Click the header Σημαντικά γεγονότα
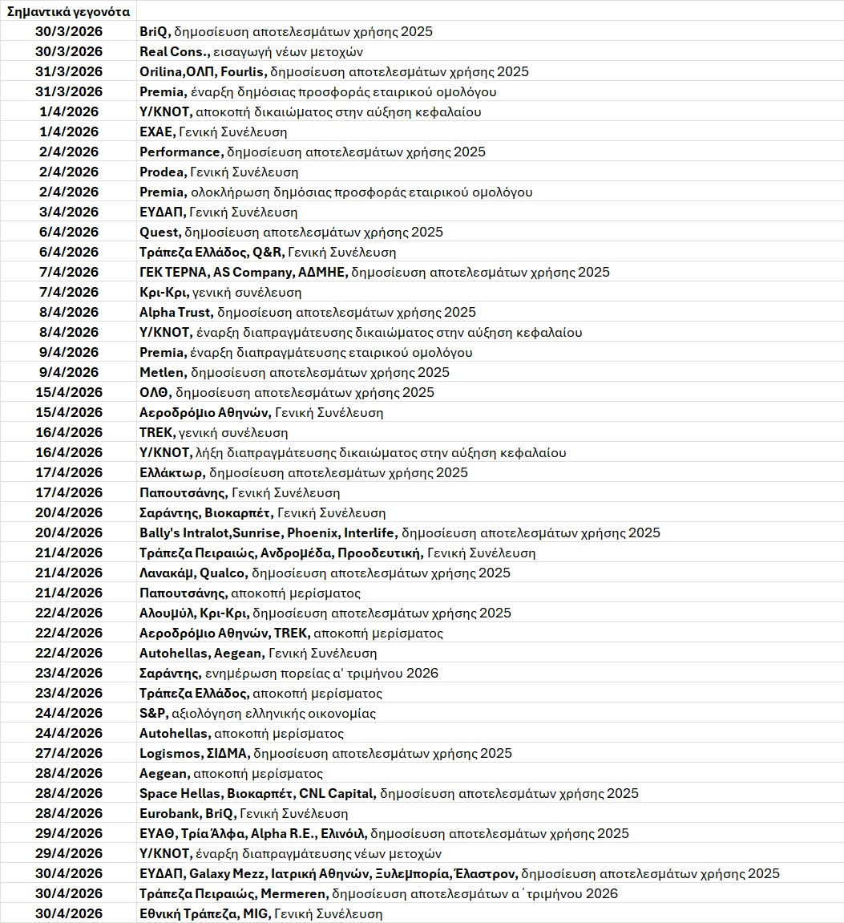tap(68, 12)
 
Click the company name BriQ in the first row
tap(154, 32)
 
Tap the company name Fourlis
tap(243, 72)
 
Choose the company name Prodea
tap(163, 172)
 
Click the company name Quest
tap(160, 233)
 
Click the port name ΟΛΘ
tap(155, 393)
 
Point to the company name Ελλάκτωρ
tap(172, 473)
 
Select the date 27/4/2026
tap(69, 754)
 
